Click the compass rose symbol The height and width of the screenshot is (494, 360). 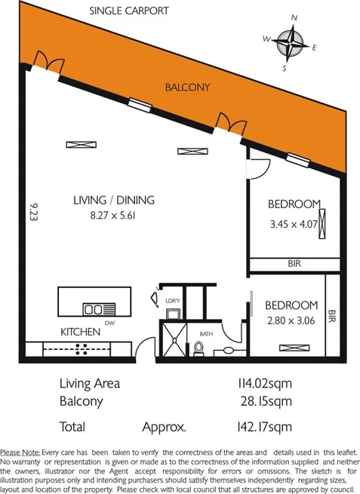pos(291,43)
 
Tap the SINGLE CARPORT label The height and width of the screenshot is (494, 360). pos(129,11)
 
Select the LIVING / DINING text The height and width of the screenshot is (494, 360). pos(113,201)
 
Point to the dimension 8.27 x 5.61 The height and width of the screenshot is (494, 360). pos(113,215)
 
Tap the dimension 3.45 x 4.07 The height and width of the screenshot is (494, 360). pos(294,223)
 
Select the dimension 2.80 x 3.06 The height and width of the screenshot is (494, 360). pos(290,321)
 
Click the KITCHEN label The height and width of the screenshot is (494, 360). pos(81,332)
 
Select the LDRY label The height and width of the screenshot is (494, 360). pos(171,302)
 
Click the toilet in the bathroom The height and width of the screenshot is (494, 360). pos(198,348)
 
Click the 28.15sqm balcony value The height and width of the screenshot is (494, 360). pos(263,401)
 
